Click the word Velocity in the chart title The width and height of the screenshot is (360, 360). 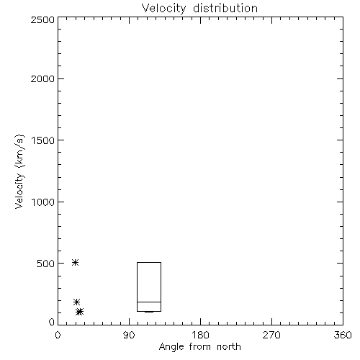(164, 9)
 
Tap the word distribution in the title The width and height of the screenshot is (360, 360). (225, 8)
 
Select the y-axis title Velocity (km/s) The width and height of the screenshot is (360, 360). (19, 171)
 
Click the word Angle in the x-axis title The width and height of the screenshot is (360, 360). (171, 347)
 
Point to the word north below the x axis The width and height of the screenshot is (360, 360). (229, 346)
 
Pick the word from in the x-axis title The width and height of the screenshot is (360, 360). (201, 346)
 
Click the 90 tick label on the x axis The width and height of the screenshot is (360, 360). (129, 335)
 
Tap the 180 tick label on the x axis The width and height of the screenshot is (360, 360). (200, 335)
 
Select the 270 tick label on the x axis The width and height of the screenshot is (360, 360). (271, 335)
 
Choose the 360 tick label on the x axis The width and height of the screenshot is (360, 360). (343, 335)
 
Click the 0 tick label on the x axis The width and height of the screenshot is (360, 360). (58, 335)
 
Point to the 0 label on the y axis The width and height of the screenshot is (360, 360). (52, 322)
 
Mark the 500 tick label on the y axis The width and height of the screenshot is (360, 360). (46, 264)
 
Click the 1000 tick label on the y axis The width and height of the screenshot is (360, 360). (43, 202)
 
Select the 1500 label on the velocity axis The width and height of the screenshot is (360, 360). (43, 140)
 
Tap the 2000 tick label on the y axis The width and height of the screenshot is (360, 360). (42, 79)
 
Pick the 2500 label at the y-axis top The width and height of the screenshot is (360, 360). (42, 19)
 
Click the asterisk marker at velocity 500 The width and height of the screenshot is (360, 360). (76, 263)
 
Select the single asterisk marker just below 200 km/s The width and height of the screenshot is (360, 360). (76, 302)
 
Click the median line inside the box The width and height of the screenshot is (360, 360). (149, 302)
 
